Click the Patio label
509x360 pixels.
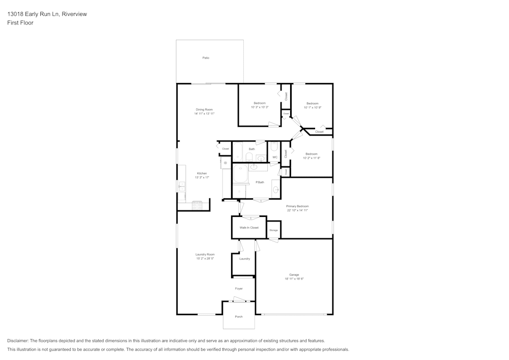point(206,58)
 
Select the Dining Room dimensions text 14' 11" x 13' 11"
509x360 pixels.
point(204,114)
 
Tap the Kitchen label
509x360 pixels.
point(202,173)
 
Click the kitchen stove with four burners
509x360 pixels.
point(197,205)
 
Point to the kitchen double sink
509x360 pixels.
point(182,187)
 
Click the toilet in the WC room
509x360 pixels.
point(274,147)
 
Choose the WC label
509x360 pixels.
point(275,157)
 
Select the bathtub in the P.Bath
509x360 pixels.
point(240,174)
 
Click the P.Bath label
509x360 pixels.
point(260,182)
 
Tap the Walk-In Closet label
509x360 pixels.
point(249,228)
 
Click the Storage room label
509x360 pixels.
point(273,231)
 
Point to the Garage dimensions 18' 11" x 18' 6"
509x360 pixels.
point(294,279)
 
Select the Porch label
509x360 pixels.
point(239,317)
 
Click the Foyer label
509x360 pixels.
point(239,289)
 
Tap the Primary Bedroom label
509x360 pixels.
point(298,206)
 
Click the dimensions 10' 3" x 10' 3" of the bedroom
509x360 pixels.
point(260,107)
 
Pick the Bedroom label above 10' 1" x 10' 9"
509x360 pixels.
point(312,103)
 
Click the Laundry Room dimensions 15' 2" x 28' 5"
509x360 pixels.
point(205,259)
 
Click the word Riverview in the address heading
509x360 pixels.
point(74,14)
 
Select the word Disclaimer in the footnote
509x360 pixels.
point(18,341)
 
